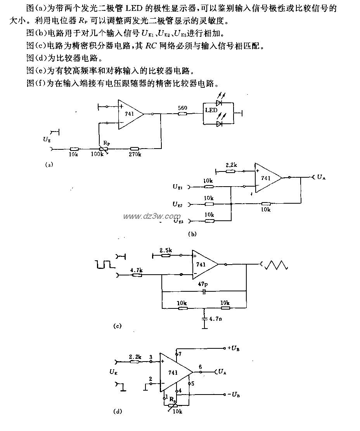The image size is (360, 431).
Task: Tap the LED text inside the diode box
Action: pos(211,111)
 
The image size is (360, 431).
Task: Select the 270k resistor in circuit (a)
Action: pos(135,149)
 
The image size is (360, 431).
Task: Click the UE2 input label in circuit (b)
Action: pos(178,204)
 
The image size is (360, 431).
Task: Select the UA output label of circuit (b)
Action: pos(321,177)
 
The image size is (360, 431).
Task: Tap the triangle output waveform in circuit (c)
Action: pos(276,265)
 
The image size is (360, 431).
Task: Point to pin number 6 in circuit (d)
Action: pos(200,366)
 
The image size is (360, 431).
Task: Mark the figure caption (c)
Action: pos(117,326)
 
